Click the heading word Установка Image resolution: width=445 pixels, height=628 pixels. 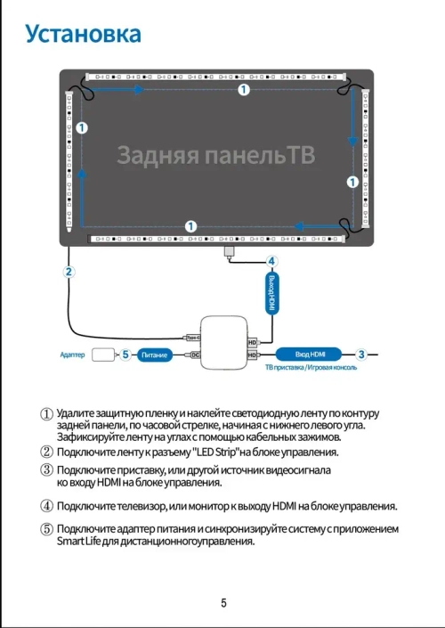click(x=83, y=34)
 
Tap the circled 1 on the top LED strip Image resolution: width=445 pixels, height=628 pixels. click(x=244, y=90)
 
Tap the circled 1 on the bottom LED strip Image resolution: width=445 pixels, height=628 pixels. click(x=190, y=225)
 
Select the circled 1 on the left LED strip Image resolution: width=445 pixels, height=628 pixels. click(x=82, y=128)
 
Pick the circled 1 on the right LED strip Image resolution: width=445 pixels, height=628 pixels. click(x=352, y=182)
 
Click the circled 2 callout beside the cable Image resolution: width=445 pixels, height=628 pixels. click(x=69, y=272)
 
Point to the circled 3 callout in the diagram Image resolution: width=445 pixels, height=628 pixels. click(x=361, y=354)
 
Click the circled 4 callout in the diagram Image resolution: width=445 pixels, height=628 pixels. click(x=271, y=262)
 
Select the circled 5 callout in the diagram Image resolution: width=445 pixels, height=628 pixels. click(x=125, y=355)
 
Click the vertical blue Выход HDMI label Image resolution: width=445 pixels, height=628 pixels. click(x=272, y=292)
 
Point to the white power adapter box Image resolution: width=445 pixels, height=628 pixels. click(x=103, y=355)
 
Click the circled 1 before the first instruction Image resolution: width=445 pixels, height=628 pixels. click(x=47, y=413)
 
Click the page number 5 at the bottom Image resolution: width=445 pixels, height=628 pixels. click(x=223, y=602)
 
